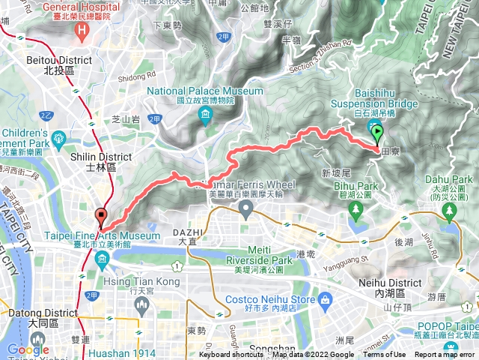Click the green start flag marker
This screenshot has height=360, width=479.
pos(376,134)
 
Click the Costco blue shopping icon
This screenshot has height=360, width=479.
pos(325,300)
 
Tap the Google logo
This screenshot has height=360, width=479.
pos(28,349)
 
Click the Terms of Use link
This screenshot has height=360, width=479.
pos(384,355)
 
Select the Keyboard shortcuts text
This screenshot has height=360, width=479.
pos(231,355)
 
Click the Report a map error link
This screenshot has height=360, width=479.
pos(445,355)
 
